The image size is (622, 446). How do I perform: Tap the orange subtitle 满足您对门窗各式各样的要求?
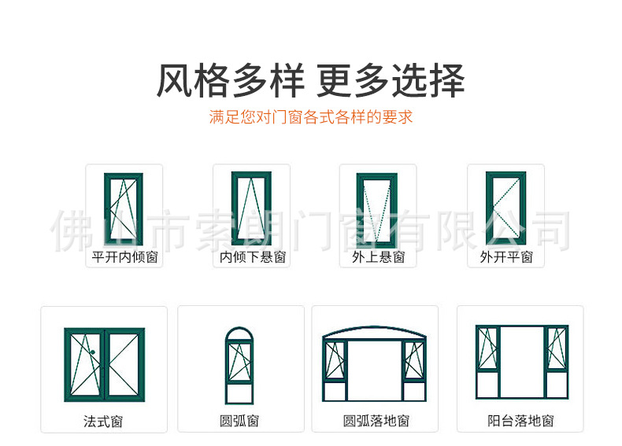coord(310,118)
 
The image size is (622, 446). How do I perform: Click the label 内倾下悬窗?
coord(252,257)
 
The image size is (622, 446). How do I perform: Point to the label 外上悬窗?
coord(378,257)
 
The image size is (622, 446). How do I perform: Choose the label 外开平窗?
coord(506,257)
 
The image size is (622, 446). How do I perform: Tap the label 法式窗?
coord(103,422)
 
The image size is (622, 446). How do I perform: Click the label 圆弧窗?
coord(239,422)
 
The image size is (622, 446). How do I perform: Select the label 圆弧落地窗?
coord(376,422)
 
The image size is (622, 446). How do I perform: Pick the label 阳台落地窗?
coord(520,422)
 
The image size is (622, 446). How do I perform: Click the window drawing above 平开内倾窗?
coord(124,208)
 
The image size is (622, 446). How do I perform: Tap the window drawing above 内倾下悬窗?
coord(251,208)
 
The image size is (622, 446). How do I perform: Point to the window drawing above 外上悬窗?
coord(377,208)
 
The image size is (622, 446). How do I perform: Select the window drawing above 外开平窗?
coord(505,208)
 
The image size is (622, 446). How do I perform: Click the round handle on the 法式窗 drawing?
coord(93,352)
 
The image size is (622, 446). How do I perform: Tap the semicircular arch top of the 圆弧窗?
coord(239,335)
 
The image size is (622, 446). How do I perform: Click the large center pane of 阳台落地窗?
coord(521,363)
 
